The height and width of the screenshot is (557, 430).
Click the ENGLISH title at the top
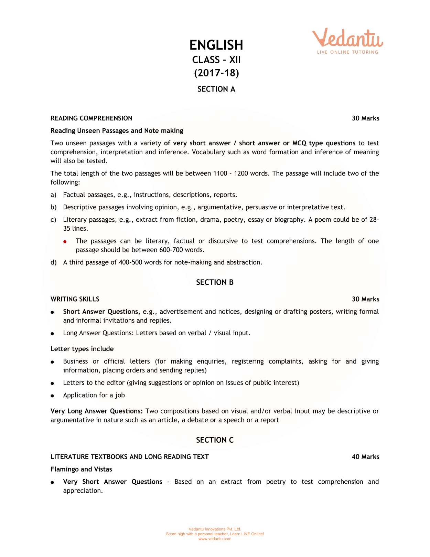point(216,45)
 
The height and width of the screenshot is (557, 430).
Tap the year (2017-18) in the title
point(216,73)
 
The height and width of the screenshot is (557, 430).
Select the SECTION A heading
point(216,89)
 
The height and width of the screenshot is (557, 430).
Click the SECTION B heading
point(215,282)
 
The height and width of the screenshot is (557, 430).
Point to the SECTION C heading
point(215,440)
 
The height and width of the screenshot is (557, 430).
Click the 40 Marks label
point(365,457)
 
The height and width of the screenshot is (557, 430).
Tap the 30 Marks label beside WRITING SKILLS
point(365,299)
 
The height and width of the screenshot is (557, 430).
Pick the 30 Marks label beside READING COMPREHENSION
point(365,118)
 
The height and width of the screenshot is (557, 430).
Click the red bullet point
point(65,242)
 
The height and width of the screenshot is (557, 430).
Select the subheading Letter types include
point(82,349)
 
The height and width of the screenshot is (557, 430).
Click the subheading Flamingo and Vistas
point(81,469)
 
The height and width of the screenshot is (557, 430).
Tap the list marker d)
point(53,262)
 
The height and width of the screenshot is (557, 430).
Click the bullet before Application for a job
point(52,396)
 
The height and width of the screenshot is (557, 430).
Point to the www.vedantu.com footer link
point(215,539)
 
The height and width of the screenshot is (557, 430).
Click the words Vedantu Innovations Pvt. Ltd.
point(215,529)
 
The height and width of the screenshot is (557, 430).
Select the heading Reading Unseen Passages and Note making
point(117,130)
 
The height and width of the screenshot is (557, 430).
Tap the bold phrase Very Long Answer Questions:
point(96,411)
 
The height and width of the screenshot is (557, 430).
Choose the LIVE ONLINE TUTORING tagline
point(347,52)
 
